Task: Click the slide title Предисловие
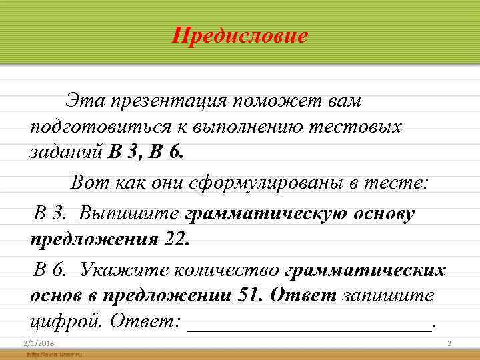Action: (x=240, y=35)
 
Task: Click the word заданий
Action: (x=66, y=152)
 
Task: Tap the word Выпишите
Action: (x=129, y=213)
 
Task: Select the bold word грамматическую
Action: (x=260, y=213)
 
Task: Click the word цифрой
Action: (x=67, y=321)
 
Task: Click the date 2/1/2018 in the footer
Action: (x=37, y=343)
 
